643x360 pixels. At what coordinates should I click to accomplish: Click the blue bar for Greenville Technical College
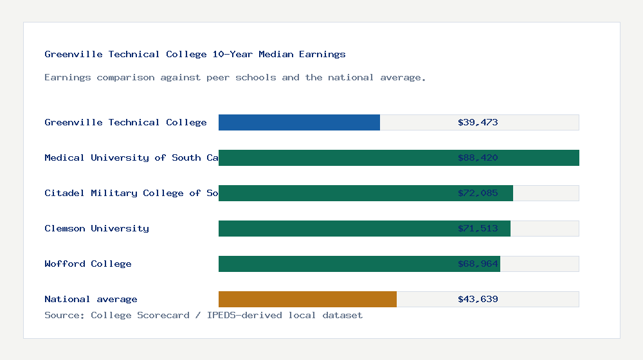tap(299, 122)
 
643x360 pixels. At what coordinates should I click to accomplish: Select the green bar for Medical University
tap(334, 157)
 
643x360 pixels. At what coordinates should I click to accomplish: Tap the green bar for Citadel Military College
tap(334, 193)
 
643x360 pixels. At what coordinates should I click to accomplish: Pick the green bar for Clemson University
tap(334, 228)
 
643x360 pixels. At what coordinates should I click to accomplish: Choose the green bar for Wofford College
tap(334, 264)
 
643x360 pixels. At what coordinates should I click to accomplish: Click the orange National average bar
tap(307, 299)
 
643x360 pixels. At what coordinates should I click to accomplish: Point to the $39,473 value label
tap(478, 122)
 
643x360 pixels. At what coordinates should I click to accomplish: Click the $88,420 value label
tap(478, 157)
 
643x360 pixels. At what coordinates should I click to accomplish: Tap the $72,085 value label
tap(478, 193)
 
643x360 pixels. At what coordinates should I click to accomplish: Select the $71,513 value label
tap(478, 228)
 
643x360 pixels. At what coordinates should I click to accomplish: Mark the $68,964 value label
tap(478, 264)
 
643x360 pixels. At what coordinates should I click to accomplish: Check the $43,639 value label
tap(478, 299)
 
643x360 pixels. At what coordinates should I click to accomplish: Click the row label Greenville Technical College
tap(125, 122)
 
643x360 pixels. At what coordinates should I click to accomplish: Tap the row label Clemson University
tap(96, 228)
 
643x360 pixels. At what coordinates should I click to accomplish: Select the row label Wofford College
tap(88, 264)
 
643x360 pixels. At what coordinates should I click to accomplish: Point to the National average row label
tap(91, 299)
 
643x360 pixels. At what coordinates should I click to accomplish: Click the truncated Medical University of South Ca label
tap(131, 157)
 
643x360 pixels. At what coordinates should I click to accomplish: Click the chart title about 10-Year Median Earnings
tap(195, 54)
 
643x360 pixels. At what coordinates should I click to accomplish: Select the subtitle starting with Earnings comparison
tap(235, 77)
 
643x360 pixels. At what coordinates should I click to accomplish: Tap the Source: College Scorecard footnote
tap(203, 315)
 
